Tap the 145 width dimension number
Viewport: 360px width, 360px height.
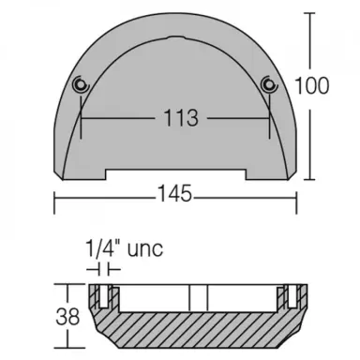[174, 194]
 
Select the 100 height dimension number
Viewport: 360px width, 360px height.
[318, 85]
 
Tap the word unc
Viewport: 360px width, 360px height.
[143, 248]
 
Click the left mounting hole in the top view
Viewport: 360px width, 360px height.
[81, 85]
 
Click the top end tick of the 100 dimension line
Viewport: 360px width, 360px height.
[310, 14]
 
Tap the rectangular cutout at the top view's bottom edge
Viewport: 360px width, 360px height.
[174, 172]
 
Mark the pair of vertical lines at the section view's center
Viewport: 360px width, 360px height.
[196, 296]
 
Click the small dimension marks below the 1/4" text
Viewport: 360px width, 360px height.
[103, 268]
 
